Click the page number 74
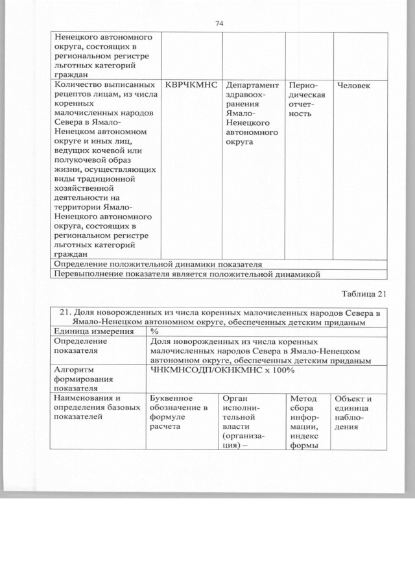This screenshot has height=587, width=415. (219, 23)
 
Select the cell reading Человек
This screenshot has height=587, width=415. (353, 86)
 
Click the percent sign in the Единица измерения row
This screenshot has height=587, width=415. (154, 331)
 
